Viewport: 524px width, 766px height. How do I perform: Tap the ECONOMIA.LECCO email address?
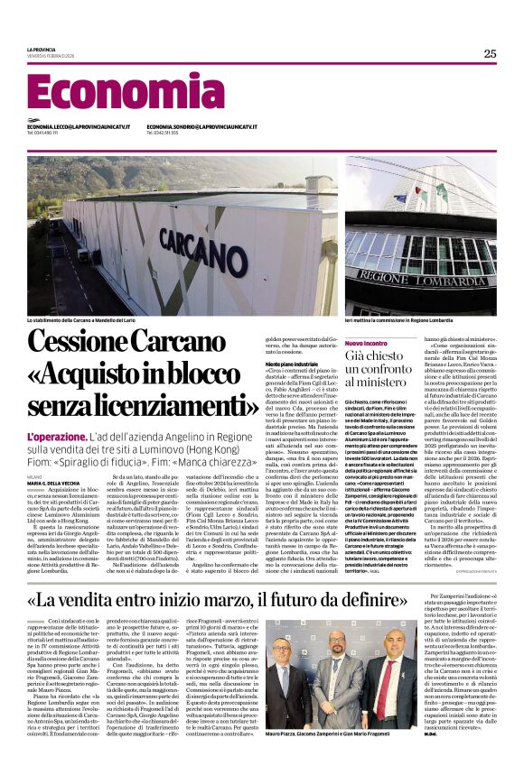78,126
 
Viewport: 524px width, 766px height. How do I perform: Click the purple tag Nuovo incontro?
367,344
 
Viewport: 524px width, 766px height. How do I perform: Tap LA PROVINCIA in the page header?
41,49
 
